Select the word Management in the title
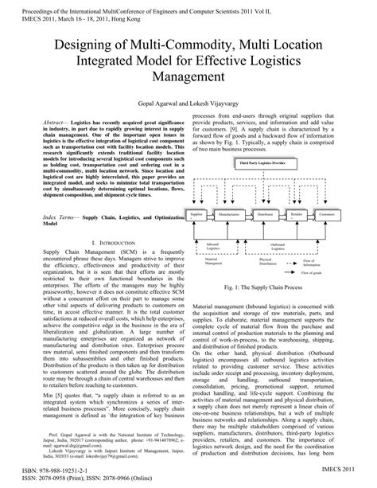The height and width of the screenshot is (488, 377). [x=188, y=77]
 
